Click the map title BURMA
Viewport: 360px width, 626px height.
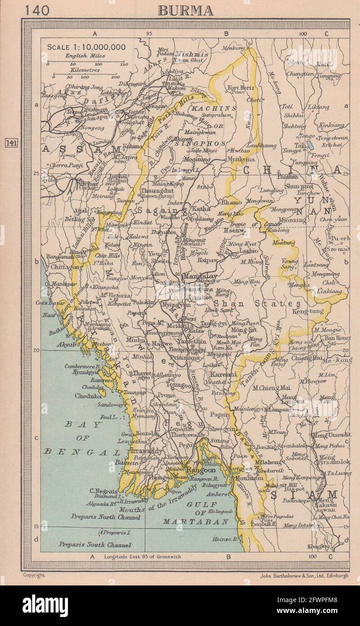coord(185,10)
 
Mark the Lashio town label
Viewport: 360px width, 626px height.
coord(248,250)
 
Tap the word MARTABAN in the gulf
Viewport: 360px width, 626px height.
coord(184,521)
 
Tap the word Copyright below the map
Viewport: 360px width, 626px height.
coord(34,575)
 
